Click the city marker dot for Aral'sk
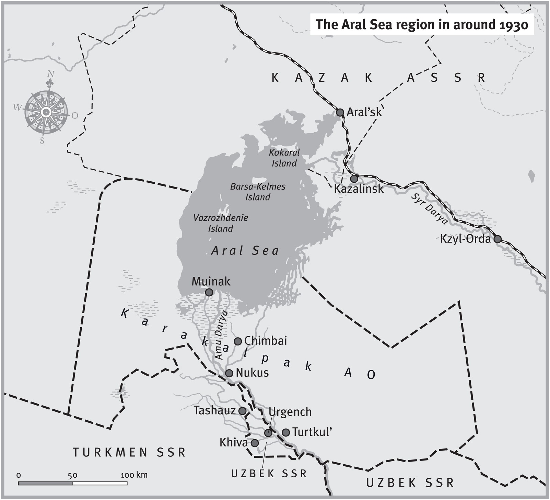pos(340,112)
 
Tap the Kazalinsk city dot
pos(354,179)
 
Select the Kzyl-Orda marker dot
pos(498,239)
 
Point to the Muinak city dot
pos(209,292)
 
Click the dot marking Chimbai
pos(238,341)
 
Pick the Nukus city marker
pos(229,373)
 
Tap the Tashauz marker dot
pos(242,411)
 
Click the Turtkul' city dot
pos(286,432)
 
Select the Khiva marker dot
pos(255,443)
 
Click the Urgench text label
pos(290,412)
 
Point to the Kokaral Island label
pos(284,158)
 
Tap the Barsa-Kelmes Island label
pos(258,192)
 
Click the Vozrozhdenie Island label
pos(221,223)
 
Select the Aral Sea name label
pos(245,251)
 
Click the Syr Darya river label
pos(429,209)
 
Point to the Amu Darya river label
pos(220,334)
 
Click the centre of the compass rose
pos(46,112)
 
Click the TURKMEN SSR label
pos(129,452)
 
